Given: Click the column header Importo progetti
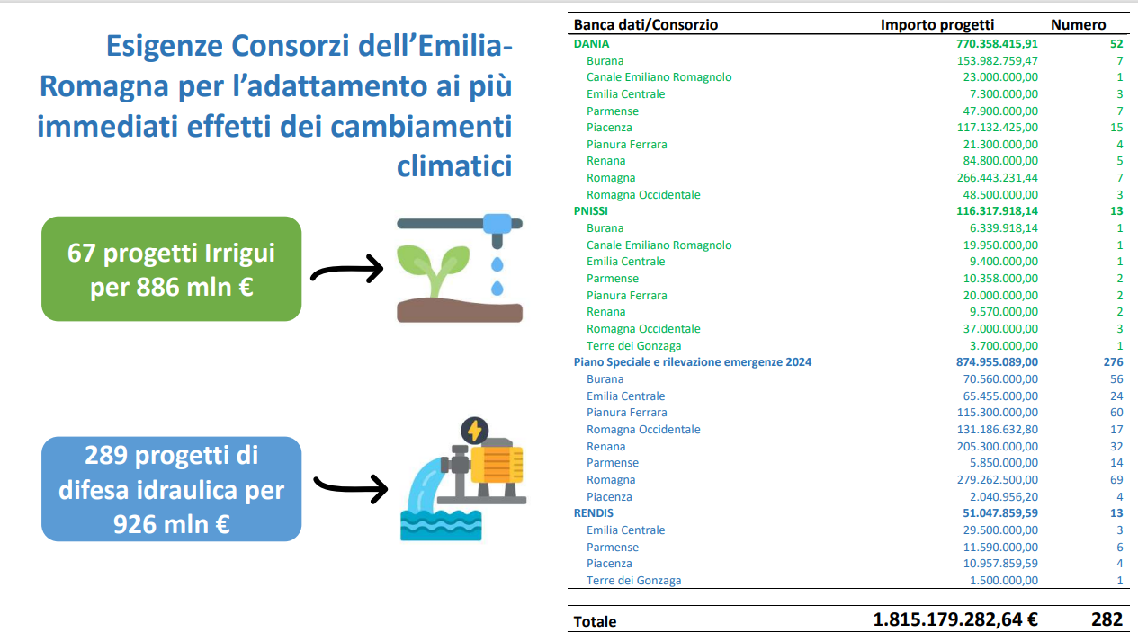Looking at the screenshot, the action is (937, 25).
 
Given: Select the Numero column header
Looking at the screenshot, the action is (1078, 25).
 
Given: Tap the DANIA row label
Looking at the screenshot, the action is (591, 44).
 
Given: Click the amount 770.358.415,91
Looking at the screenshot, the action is (997, 44).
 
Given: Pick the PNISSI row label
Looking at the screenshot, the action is (590, 210).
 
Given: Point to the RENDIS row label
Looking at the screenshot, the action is (594, 512).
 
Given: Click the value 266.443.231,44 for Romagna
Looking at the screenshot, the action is (998, 178).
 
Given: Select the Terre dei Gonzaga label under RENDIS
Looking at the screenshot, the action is (633, 580).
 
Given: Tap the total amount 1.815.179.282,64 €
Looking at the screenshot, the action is (955, 619).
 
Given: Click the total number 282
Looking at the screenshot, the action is (1107, 619).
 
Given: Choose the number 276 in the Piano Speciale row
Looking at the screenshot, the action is (1113, 362).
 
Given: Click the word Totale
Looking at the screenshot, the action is (595, 621).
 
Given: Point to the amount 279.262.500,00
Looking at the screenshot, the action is (998, 479).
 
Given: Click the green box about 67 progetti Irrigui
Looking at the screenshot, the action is (171, 269).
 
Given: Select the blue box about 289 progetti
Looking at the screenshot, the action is (171, 489).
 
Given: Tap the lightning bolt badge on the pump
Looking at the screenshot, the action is (474, 431).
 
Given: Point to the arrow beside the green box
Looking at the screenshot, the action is (347, 269).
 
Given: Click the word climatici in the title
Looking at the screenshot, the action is (454, 165).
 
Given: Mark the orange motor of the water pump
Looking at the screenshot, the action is (497, 463).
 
